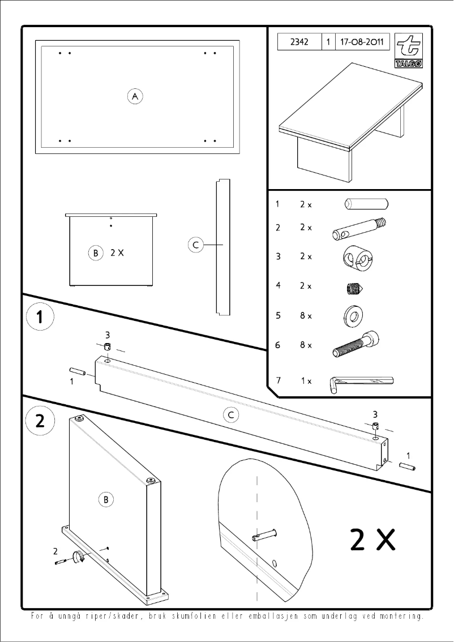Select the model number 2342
coord(299,42)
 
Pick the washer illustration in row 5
coord(354,316)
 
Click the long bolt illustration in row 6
coord(356,345)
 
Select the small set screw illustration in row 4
coord(354,289)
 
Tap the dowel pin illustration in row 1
coord(366,203)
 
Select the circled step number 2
coord(40,421)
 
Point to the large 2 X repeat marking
coord(371,540)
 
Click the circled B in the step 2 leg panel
coord(106,499)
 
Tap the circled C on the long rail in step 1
coord(230,415)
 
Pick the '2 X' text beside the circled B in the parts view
coord(117,253)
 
